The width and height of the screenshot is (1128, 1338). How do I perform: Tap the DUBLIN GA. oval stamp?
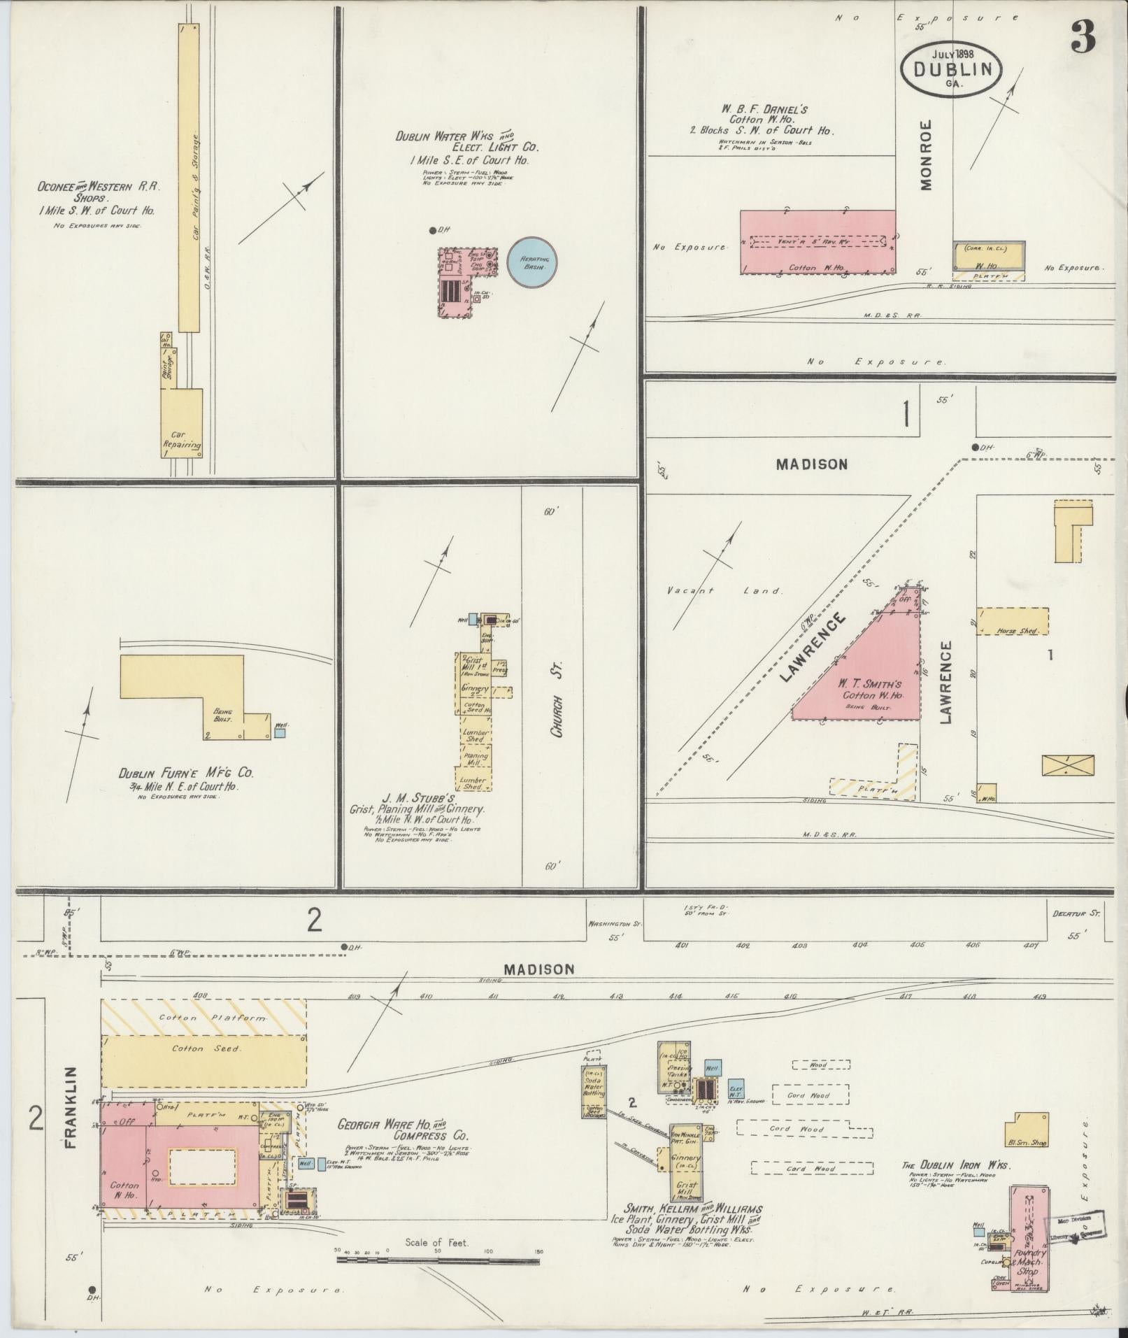[952, 69]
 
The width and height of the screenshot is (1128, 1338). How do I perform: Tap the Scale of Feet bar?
[438, 1260]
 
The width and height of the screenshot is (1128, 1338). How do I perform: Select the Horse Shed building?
[1012, 621]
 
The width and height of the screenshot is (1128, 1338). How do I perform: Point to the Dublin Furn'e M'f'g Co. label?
[185, 774]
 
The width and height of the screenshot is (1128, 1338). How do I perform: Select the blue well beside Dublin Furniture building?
[280, 734]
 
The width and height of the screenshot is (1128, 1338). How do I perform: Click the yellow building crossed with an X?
[1067, 765]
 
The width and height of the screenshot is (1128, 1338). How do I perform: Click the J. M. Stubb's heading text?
[418, 798]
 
